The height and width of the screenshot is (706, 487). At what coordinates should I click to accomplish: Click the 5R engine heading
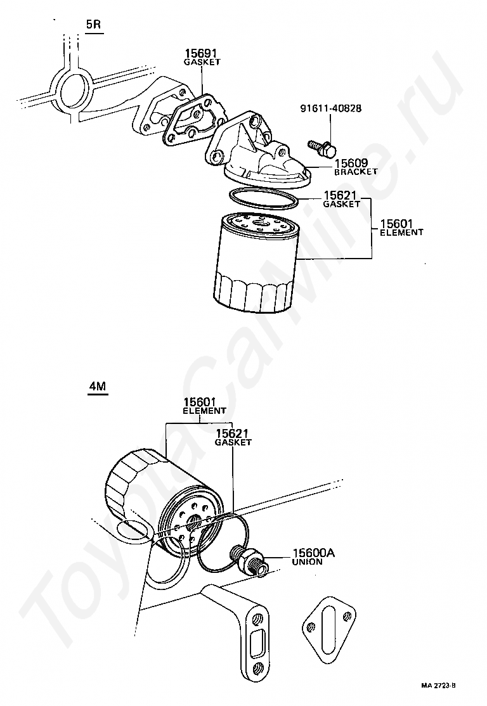coord(94,24)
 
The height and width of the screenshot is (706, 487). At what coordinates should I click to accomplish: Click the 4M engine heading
coord(97,386)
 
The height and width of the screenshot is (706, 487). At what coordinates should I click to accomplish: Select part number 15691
coord(202,54)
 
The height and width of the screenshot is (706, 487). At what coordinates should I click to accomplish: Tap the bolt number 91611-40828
coord(331,108)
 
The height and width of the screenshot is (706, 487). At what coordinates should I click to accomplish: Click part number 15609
coord(351,163)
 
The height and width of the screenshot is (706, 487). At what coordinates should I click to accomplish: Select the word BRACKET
coord(356,172)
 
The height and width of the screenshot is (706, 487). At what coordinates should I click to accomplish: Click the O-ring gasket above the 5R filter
coord(263,198)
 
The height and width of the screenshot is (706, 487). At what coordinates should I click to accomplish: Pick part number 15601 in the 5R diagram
coord(396,224)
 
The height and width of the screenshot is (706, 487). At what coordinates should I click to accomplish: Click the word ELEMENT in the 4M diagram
coord(204,411)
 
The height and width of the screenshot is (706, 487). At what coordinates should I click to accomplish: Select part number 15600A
coord(313,553)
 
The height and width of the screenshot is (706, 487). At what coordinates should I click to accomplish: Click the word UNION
coord(308,562)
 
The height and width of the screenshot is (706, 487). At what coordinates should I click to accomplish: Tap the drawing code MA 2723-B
coord(438,686)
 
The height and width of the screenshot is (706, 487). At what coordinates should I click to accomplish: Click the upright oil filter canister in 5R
coord(256,262)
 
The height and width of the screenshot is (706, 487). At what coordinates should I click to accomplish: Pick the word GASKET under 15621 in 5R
coord(342,204)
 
